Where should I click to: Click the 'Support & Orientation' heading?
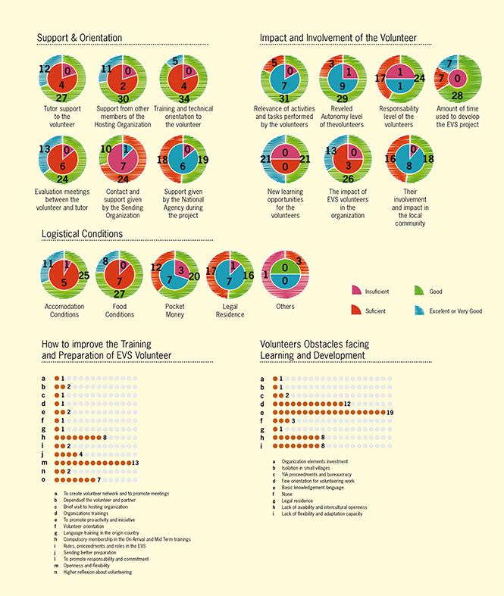tap(80, 38)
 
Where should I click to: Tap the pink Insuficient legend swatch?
tap(357, 291)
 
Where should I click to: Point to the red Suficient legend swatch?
tap(357, 310)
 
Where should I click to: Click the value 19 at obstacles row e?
tap(390, 411)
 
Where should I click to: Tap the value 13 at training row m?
tap(135, 462)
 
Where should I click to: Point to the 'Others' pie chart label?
tap(286, 307)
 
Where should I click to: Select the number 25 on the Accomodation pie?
tap(83, 275)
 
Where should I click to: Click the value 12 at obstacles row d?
tap(346, 403)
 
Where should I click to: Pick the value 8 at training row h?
tap(105, 437)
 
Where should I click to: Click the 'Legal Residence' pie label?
tap(230, 310)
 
